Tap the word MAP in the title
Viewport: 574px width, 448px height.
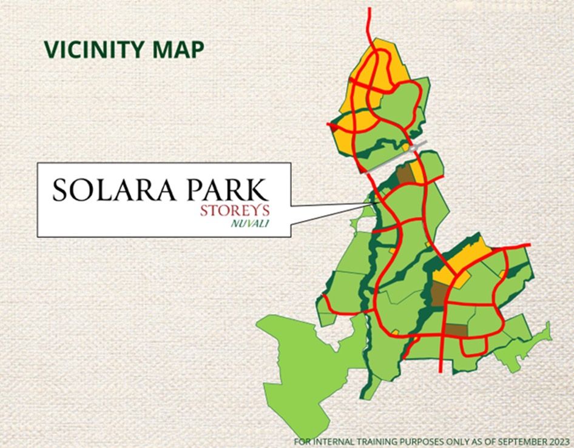(x=181, y=50)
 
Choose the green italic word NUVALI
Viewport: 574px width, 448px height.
(x=250, y=223)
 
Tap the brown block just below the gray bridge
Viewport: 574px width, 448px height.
(x=406, y=176)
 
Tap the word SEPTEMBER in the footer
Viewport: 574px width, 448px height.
(x=516, y=441)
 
